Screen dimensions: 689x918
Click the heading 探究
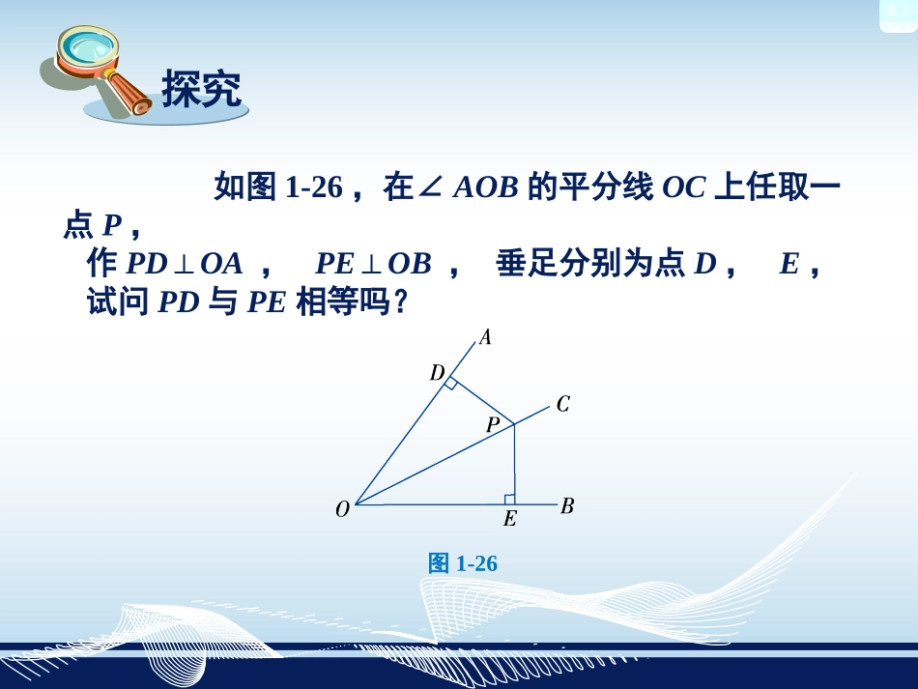(201, 89)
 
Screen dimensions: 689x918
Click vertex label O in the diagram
(342, 509)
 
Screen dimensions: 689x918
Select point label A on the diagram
(485, 337)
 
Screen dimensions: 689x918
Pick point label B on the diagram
(567, 505)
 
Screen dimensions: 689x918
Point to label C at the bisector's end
(563, 404)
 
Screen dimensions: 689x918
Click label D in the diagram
(437, 372)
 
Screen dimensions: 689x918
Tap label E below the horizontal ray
(509, 520)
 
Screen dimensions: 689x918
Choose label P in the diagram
(493, 424)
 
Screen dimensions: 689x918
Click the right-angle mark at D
(451, 384)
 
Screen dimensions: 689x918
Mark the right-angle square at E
(509, 499)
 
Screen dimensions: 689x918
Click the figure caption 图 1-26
(463, 563)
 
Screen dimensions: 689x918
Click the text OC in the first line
(684, 187)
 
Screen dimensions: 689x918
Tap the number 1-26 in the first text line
(315, 187)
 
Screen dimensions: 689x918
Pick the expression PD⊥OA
(184, 264)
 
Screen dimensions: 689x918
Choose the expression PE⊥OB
(373, 264)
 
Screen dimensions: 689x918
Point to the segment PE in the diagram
(514, 464)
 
